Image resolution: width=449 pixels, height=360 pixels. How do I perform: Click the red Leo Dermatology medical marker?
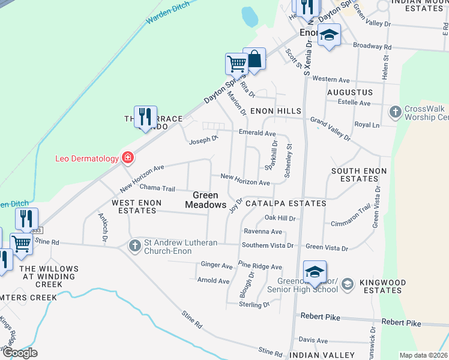(127, 158)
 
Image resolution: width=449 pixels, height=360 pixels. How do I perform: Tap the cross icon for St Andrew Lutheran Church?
(135, 246)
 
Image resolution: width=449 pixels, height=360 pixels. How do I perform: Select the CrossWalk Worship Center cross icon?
(396, 112)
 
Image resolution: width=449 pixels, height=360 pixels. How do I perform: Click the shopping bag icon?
(254, 59)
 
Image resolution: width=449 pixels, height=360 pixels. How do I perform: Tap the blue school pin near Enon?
(329, 35)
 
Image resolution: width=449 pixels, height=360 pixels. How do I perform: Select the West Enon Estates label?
(138, 207)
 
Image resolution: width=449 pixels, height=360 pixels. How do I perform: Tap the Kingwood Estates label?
(381, 286)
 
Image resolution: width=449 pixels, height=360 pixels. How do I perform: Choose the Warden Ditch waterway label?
(168, 13)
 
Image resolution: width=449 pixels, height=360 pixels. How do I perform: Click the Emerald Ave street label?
(257, 133)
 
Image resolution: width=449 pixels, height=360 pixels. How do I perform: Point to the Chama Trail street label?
(157, 188)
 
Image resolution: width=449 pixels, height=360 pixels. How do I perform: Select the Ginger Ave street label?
(217, 265)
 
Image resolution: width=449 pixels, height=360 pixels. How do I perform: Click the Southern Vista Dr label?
(268, 245)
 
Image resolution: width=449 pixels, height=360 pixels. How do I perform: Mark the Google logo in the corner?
(20, 352)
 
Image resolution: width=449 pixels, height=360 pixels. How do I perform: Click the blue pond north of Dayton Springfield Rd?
(249, 17)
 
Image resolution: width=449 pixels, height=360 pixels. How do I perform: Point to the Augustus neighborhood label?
(350, 93)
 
